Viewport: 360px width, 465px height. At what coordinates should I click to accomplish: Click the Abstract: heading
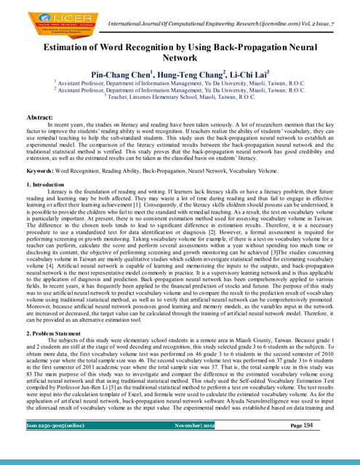point(28,116)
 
